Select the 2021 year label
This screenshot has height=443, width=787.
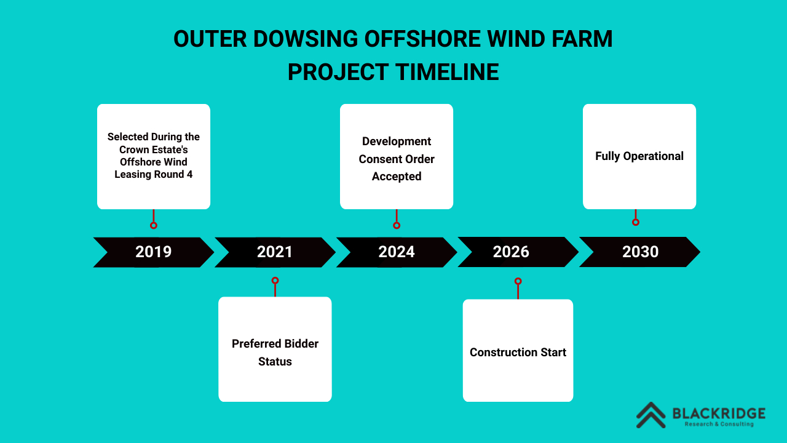[275, 252]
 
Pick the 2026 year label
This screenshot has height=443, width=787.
[511, 252]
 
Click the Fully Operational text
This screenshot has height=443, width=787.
[639, 156]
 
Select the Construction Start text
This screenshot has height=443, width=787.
[518, 353]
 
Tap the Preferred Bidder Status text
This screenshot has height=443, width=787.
[275, 353]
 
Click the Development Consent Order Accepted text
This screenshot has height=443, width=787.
[397, 159]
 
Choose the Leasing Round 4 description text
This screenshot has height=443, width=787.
[154, 156]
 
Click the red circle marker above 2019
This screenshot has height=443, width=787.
[154, 225]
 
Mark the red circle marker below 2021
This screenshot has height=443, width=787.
[275, 281]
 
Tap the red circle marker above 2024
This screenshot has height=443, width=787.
[397, 225]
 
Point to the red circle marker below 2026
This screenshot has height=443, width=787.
[518, 281]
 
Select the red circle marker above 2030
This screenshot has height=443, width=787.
[636, 222]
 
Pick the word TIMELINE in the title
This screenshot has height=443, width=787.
[446, 73]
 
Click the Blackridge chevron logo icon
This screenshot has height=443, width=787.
[651, 415]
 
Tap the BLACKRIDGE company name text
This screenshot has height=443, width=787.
[719, 413]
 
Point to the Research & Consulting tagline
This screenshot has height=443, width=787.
[719, 425]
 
